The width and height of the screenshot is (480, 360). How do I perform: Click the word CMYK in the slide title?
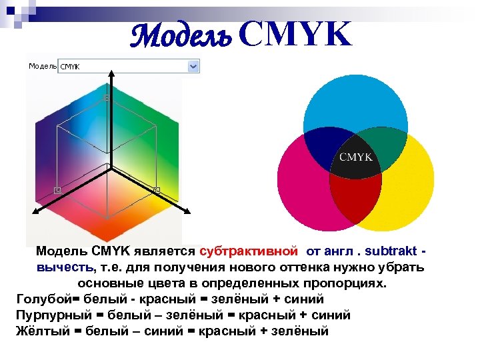(x=294, y=35)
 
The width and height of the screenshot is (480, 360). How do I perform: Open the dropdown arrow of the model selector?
(x=193, y=66)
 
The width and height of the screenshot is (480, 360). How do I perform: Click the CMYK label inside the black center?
(x=356, y=157)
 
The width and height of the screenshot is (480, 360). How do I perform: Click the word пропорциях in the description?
(x=346, y=283)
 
